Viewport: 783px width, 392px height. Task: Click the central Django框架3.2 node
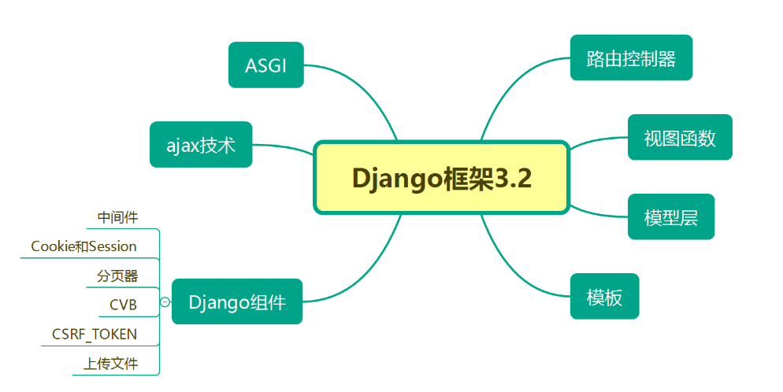[x=441, y=178]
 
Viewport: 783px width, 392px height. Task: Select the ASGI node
[x=265, y=65]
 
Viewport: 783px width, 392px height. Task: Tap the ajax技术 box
[x=201, y=145]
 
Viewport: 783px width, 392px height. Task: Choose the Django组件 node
[x=237, y=301]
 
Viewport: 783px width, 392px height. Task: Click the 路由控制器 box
[x=631, y=57]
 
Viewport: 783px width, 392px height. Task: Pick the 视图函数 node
[x=680, y=138]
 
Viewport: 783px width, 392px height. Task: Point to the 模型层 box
[x=671, y=217]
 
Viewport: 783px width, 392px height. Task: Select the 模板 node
[x=604, y=297]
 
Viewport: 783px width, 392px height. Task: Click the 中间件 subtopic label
[x=117, y=216]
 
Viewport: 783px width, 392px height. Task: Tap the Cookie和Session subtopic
[x=83, y=246]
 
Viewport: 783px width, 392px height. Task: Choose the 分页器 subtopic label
[x=117, y=276]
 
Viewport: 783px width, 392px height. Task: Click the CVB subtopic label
[x=123, y=305]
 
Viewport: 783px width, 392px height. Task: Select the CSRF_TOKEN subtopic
[x=95, y=334]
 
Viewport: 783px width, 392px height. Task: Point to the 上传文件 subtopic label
[x=111, y=364]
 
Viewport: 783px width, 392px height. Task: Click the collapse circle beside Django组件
[x=165, y=301]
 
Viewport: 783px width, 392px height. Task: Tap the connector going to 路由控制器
[x=512, y=87]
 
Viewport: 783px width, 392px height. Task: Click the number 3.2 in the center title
[x=514, y=178]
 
